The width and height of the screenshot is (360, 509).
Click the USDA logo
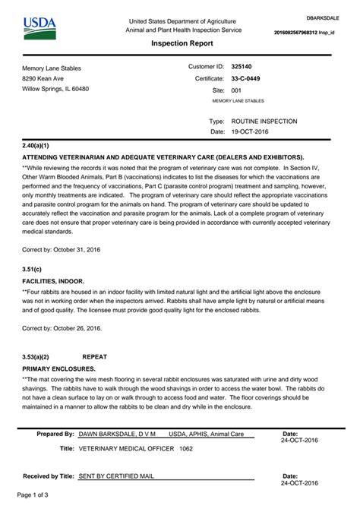(x=39, y=29)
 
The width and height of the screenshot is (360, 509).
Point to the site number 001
(x=236, y=90)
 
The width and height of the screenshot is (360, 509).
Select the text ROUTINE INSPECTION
(x=264, y=121)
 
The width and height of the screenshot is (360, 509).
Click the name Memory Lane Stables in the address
(x=52, y=68)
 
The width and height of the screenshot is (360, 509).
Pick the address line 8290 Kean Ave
(x=43, y=78)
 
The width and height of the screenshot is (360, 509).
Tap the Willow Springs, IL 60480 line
(x=55, y=89)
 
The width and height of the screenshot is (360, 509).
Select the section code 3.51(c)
(x=32, y=268)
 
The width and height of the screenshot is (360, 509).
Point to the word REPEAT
(x=94, y=356)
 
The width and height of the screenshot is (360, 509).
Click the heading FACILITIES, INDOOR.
(x=53, y=280)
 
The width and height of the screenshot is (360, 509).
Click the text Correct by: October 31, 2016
(x=62, y=249)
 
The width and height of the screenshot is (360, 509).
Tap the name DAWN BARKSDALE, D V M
(x=117, y=434)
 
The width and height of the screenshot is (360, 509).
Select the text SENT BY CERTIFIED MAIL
(x=116, y=476)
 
